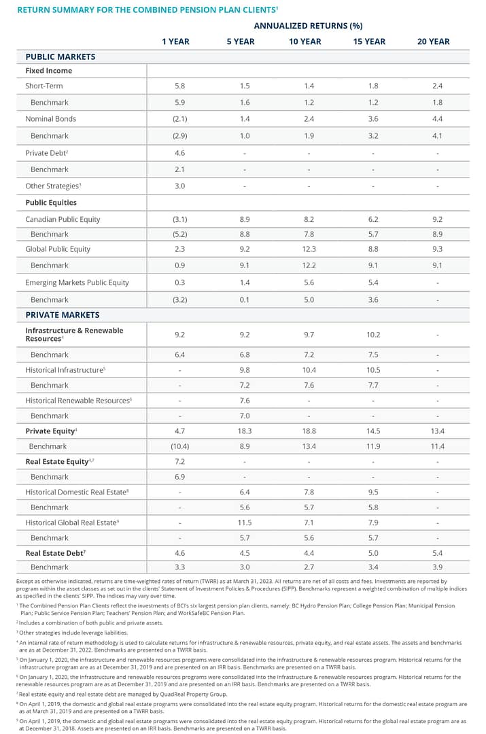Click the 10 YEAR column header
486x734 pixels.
[x=305, y=41]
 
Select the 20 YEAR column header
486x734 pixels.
[x=433, y=41]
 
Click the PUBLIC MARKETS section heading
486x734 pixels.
[x=60, y=56]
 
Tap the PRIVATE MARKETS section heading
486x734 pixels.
[x=62, y=315]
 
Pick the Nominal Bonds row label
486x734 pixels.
[x=50, y=118]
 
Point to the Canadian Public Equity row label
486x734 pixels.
[x=63, y=219]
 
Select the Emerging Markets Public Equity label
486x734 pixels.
[x=77, y=282]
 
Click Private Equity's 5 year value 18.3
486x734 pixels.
[x=245, y=431]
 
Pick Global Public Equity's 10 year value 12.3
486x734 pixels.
[x=308, y=249]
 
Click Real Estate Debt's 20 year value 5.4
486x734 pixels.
[x=437, y=553]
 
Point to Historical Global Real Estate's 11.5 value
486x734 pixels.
[x=245, y=522]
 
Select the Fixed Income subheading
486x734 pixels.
[x=48, y=71]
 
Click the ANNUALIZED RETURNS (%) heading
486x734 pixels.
[x=308, y=26]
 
